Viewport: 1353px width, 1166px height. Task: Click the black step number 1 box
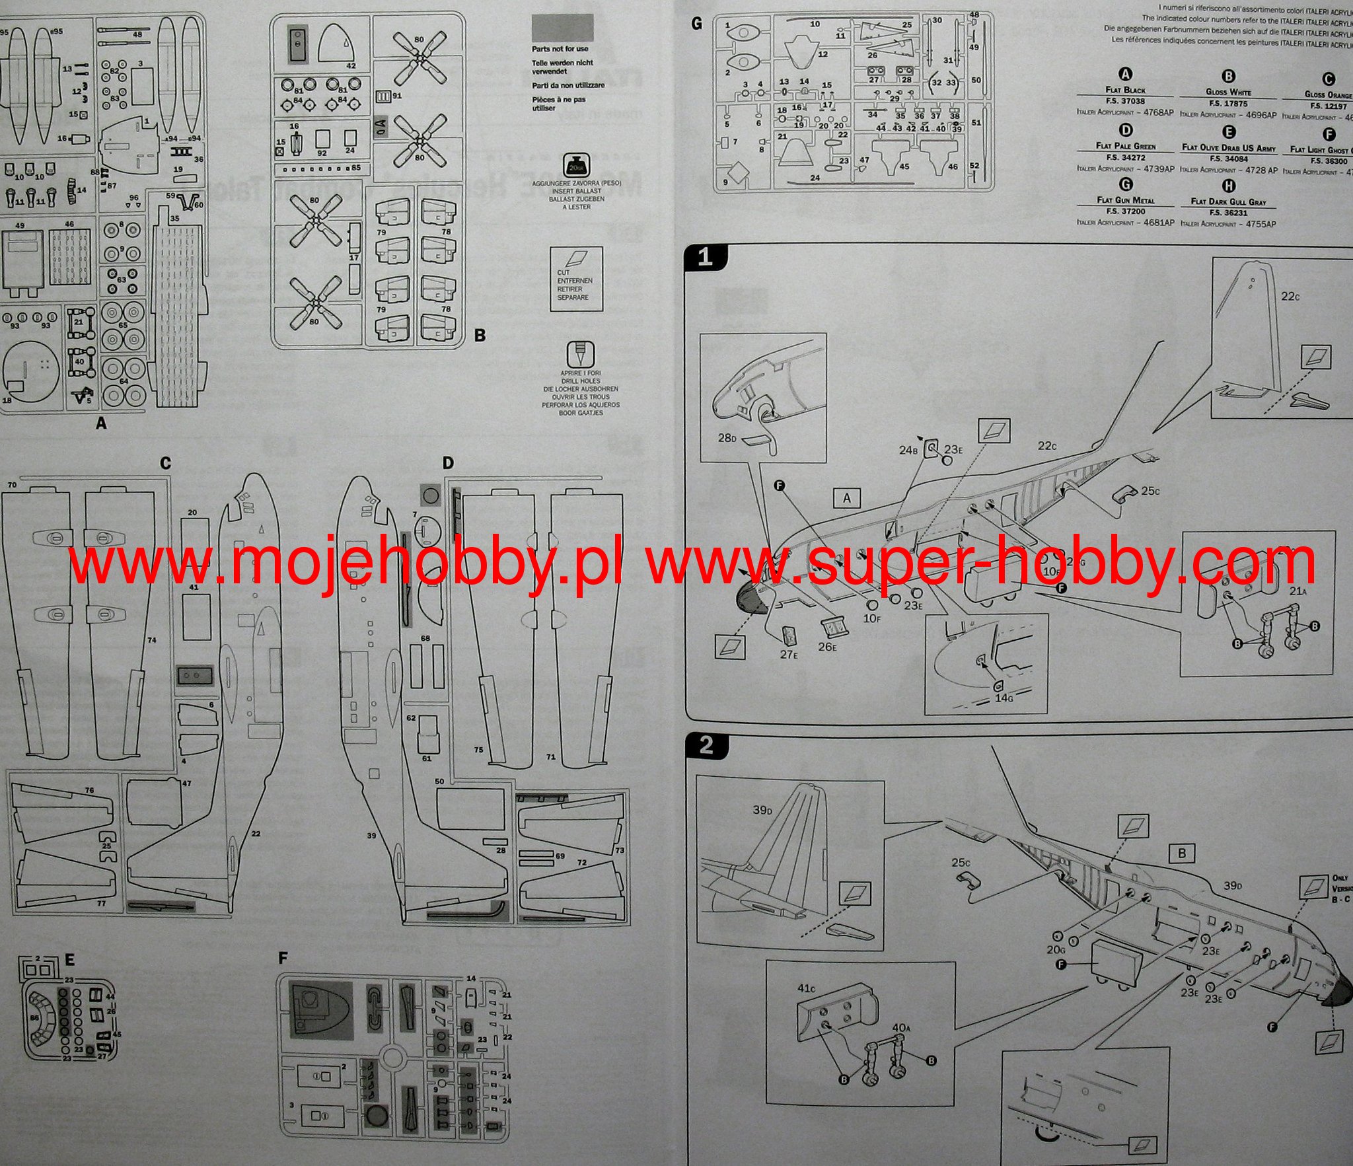(706, 257)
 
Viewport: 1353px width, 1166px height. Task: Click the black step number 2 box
(706, 746)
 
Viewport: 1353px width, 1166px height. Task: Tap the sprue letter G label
(696, 24)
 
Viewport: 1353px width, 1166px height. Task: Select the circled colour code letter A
(1124, 75)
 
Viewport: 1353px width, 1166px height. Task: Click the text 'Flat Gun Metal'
(1125, 200)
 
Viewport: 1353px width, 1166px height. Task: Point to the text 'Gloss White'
(1229, 91)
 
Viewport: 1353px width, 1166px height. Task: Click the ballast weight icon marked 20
(575, 165)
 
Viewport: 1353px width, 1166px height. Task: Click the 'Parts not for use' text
(560, 49)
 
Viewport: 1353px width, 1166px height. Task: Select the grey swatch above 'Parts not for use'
(562, 28)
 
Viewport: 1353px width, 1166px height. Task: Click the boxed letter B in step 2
(1181, 852)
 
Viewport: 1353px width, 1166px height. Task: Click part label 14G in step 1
(1003, 697)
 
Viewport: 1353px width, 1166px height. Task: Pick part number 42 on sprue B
(351, 66)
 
